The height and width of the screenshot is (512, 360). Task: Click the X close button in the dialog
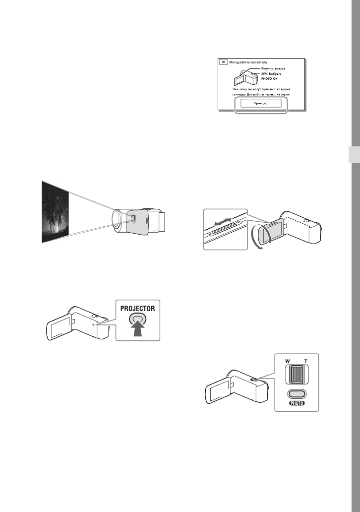pos(224,62)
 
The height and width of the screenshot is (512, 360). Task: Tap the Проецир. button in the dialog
pos(261,103)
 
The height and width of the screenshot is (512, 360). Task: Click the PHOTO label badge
pos(297,403)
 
